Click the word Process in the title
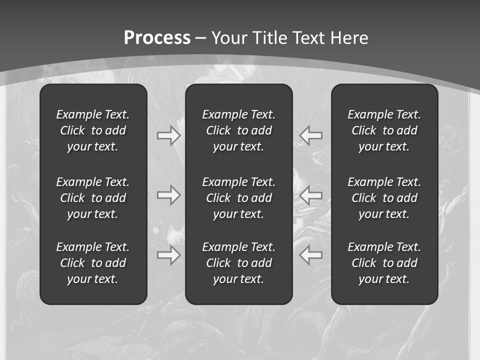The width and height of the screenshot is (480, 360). pos(157,38)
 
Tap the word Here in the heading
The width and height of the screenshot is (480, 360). pos(349,38)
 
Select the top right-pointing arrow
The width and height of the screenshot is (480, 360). pos(168,135)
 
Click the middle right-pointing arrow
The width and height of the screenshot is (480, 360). pos(168,195)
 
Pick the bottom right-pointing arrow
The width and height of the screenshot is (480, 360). pos(168,255)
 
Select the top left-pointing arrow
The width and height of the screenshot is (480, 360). pos(311,135)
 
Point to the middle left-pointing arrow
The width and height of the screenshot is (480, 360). pos(311,195)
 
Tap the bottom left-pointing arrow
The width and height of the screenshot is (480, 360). pos(311,255)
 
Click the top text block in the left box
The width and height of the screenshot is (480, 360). pos(93,130)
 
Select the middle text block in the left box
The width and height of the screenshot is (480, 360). pos(93,198)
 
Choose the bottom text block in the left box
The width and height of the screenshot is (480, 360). pos(93,263)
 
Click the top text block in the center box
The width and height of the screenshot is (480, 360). pos(238,130)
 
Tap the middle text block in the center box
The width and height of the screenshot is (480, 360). pos(238,198)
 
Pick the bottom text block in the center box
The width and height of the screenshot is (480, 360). pos(238,263)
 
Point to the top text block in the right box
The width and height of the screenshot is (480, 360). pos(384,130)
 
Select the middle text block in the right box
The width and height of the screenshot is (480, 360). pos(384,198)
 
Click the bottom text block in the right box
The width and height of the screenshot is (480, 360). pos(384,263)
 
